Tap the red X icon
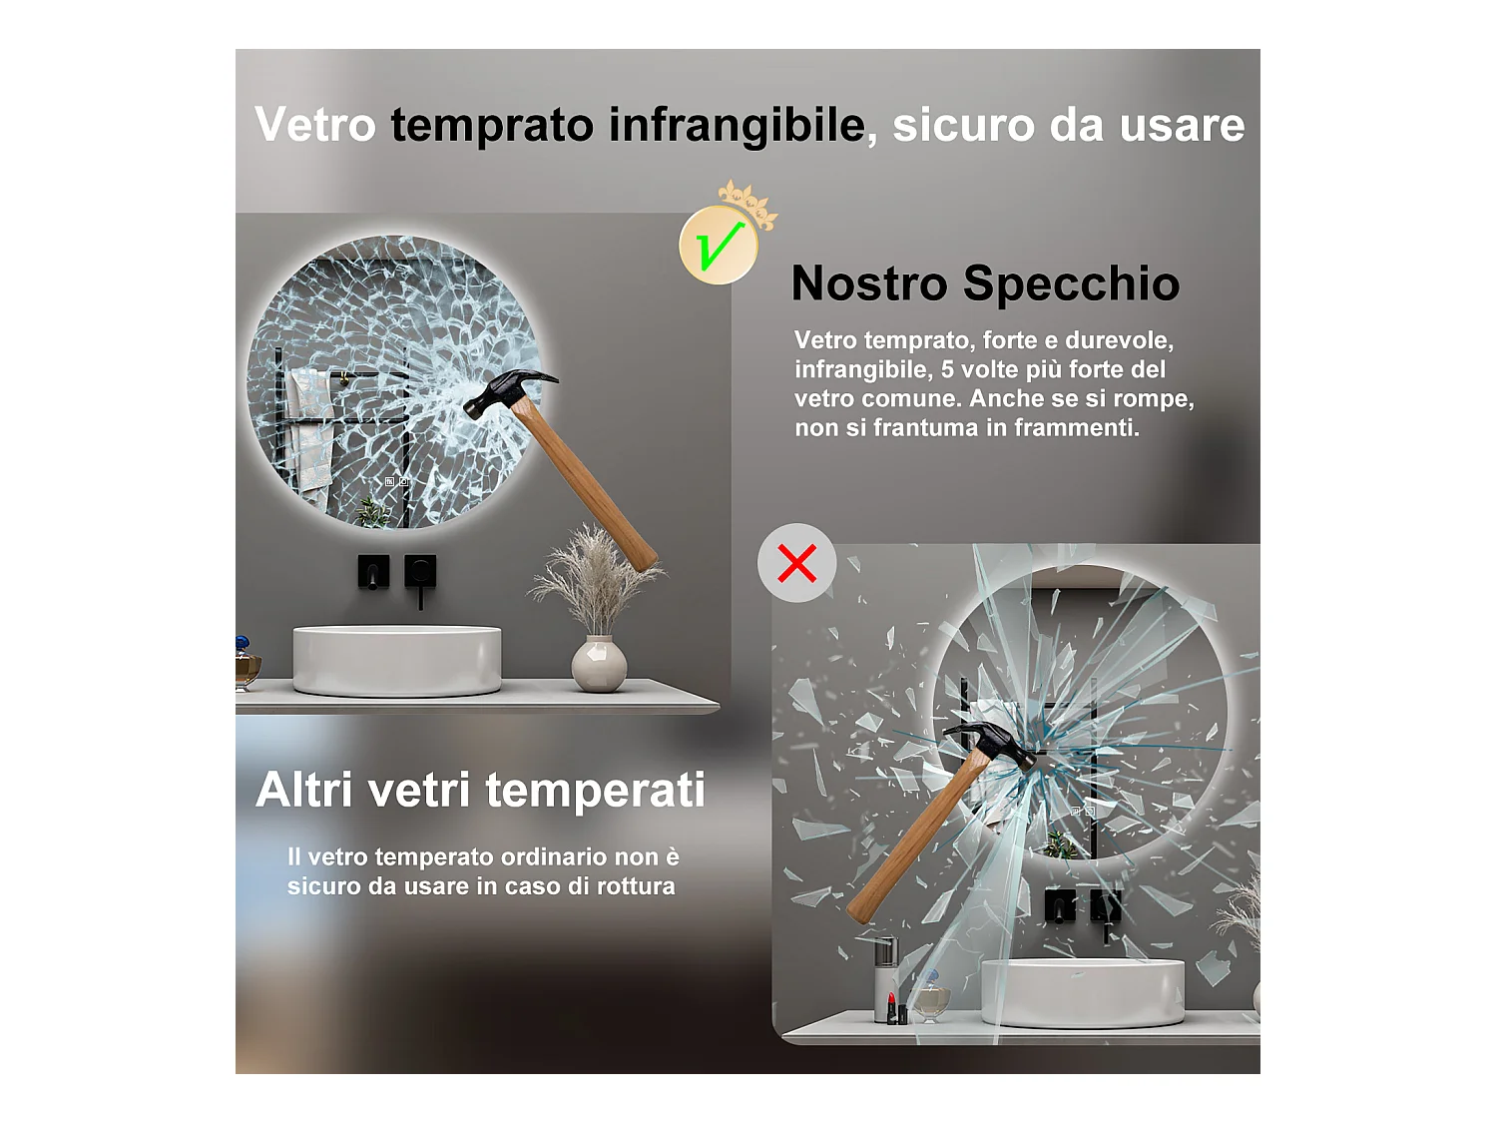coord(796,563)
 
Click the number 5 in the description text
coord(947,369)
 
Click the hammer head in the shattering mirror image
coord(991,745)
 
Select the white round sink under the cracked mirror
coord(397,660)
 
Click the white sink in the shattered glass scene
coord(1083,993)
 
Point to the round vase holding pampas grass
coord(598,664)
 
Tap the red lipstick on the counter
coord(891,1008)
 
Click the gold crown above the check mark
coord(748,204)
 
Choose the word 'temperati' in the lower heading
coord(596,791)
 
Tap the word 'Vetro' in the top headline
coord(315,125)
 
